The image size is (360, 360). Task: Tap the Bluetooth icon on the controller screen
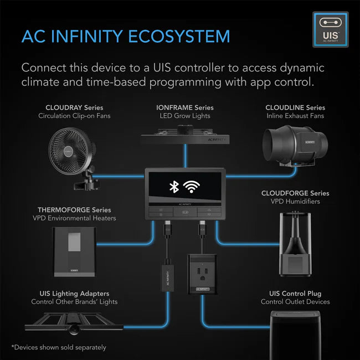[174, 187]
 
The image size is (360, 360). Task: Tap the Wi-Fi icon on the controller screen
[192, 187]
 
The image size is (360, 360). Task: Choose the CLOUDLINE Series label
[295, 107]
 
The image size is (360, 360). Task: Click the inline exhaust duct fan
[291, 147]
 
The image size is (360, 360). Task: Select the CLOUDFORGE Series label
[295, 193]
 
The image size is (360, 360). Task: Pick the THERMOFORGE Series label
[74, 210]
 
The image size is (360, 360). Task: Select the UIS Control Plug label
[295, 293]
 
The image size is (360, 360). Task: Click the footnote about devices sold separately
[58, 347]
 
